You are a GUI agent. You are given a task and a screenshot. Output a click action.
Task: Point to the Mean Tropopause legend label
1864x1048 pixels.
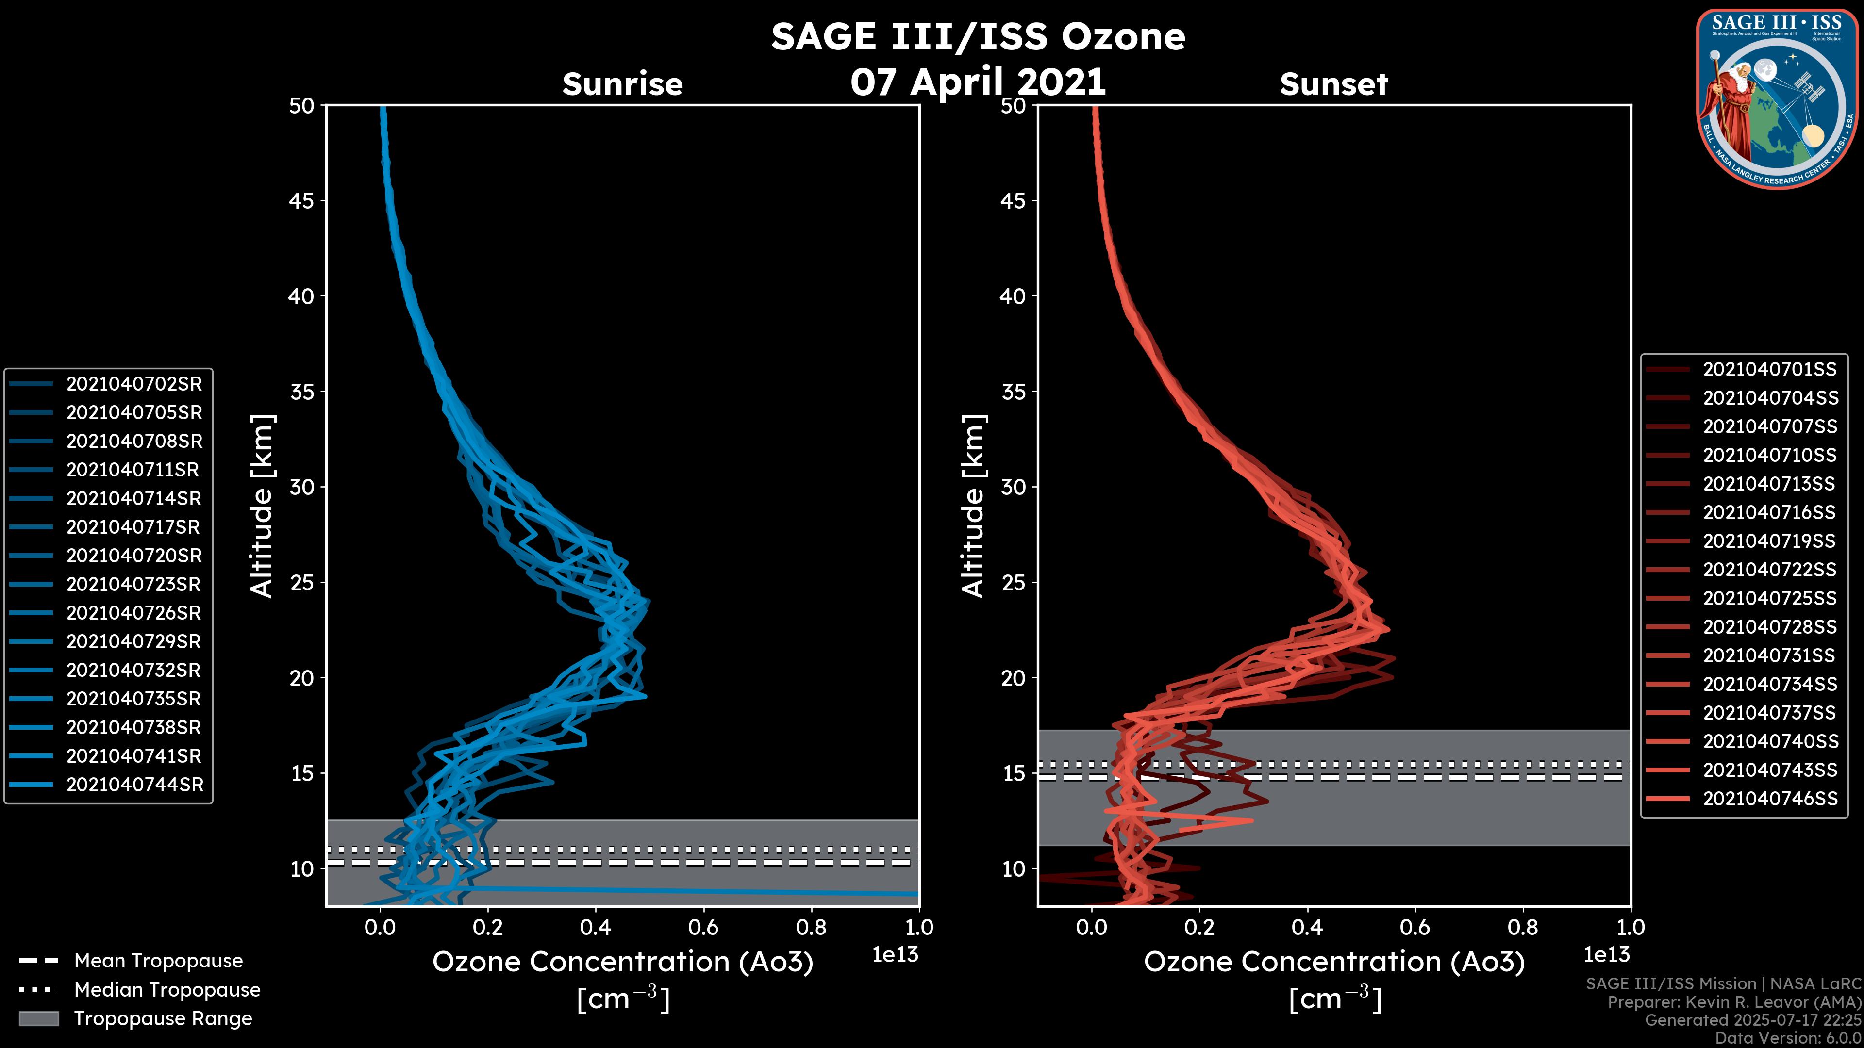pyautogui.click(x=158, y=961)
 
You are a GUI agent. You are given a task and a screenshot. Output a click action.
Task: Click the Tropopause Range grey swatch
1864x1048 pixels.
pyautogui.click(x=38, y=1018)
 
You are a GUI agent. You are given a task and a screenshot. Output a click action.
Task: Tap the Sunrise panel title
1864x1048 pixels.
pyautogui.click(x=622, y=84)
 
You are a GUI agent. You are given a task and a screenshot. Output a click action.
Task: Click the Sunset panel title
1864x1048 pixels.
pyautogui.click(x=1333, y=84)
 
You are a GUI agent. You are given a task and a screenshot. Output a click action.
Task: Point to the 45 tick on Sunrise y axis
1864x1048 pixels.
pyautogui.click(x=302, y=200)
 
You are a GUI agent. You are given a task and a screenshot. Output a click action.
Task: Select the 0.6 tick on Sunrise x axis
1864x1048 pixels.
pyautogui.click(x=703, y=927)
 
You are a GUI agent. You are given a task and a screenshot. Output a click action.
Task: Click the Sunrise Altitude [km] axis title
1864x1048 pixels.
pyautogui.click(x=262, y=506)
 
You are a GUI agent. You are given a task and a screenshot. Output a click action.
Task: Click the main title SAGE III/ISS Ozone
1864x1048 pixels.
pyautogui.click(x=978, y=36)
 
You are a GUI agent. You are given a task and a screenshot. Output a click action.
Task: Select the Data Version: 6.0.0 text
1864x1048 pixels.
pyautogui.click(x=1789, y=1039)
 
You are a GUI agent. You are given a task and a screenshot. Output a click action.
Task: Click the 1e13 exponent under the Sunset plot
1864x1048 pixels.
pyautogui.click(x=1606, y=955)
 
